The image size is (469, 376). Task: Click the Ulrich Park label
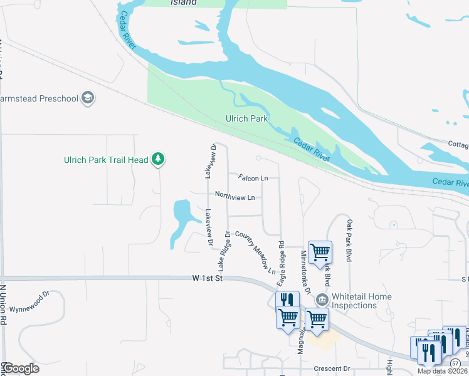(246, 118)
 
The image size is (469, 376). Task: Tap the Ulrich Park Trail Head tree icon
(159, 160)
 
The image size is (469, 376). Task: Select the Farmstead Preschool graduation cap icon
(88, 98)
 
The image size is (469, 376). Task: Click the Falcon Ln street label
(253, 178)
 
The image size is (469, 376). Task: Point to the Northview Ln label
(234, 197)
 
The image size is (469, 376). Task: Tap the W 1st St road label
(208, 278)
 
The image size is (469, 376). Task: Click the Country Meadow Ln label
(255, 253)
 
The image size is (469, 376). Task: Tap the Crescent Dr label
(333, 368)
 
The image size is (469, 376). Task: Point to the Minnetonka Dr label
(305, 271)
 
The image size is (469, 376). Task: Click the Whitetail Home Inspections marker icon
(322, 300)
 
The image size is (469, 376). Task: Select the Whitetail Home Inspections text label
(362, 301)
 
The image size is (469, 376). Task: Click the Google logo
(20, 368)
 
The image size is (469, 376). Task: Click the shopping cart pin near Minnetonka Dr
(320, 252)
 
